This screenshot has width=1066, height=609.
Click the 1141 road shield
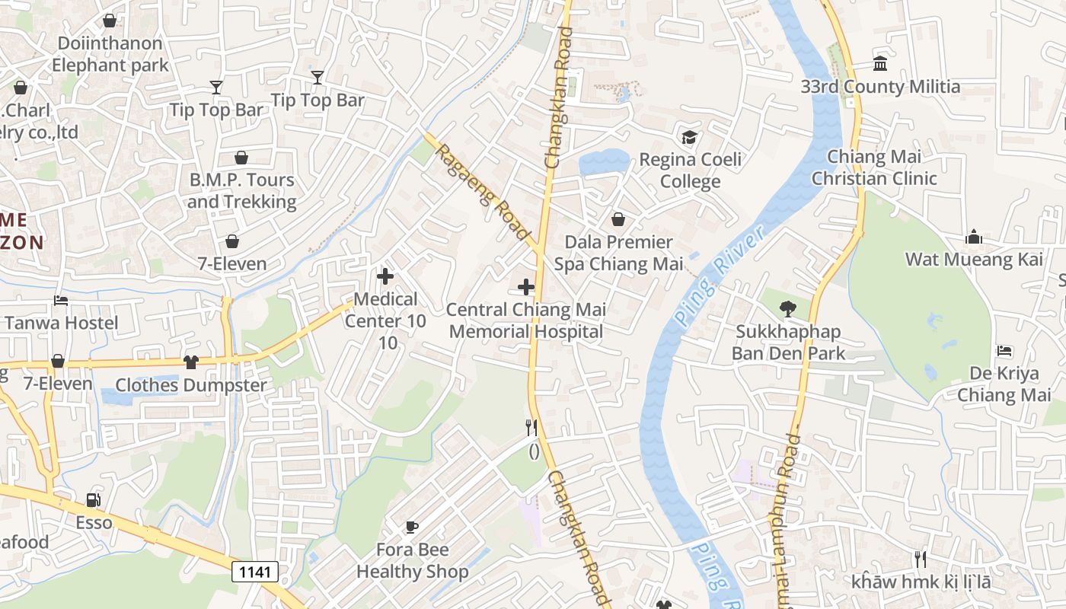255,572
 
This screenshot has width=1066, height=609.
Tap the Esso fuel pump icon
93,500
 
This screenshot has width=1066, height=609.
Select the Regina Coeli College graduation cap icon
689,138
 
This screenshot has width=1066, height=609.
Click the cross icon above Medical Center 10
385,276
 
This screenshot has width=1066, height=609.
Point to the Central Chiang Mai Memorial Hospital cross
525,287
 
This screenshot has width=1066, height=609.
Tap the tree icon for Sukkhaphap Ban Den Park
787,309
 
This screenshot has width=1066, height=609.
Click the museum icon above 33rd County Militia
880,63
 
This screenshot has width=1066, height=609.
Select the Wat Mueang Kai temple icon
973,238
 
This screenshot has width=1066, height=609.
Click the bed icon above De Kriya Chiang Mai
1004,351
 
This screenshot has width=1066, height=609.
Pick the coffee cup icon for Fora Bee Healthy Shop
411,527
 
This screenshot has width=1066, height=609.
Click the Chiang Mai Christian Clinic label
874,167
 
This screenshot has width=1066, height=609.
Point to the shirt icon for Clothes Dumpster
190,362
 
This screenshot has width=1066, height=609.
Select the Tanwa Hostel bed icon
61,301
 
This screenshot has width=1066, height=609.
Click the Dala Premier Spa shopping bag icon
618,219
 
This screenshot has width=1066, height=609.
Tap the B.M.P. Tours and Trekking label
241,190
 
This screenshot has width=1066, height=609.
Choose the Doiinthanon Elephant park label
110,54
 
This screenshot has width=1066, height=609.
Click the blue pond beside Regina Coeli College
603,162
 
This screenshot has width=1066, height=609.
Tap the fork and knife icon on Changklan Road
531,428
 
